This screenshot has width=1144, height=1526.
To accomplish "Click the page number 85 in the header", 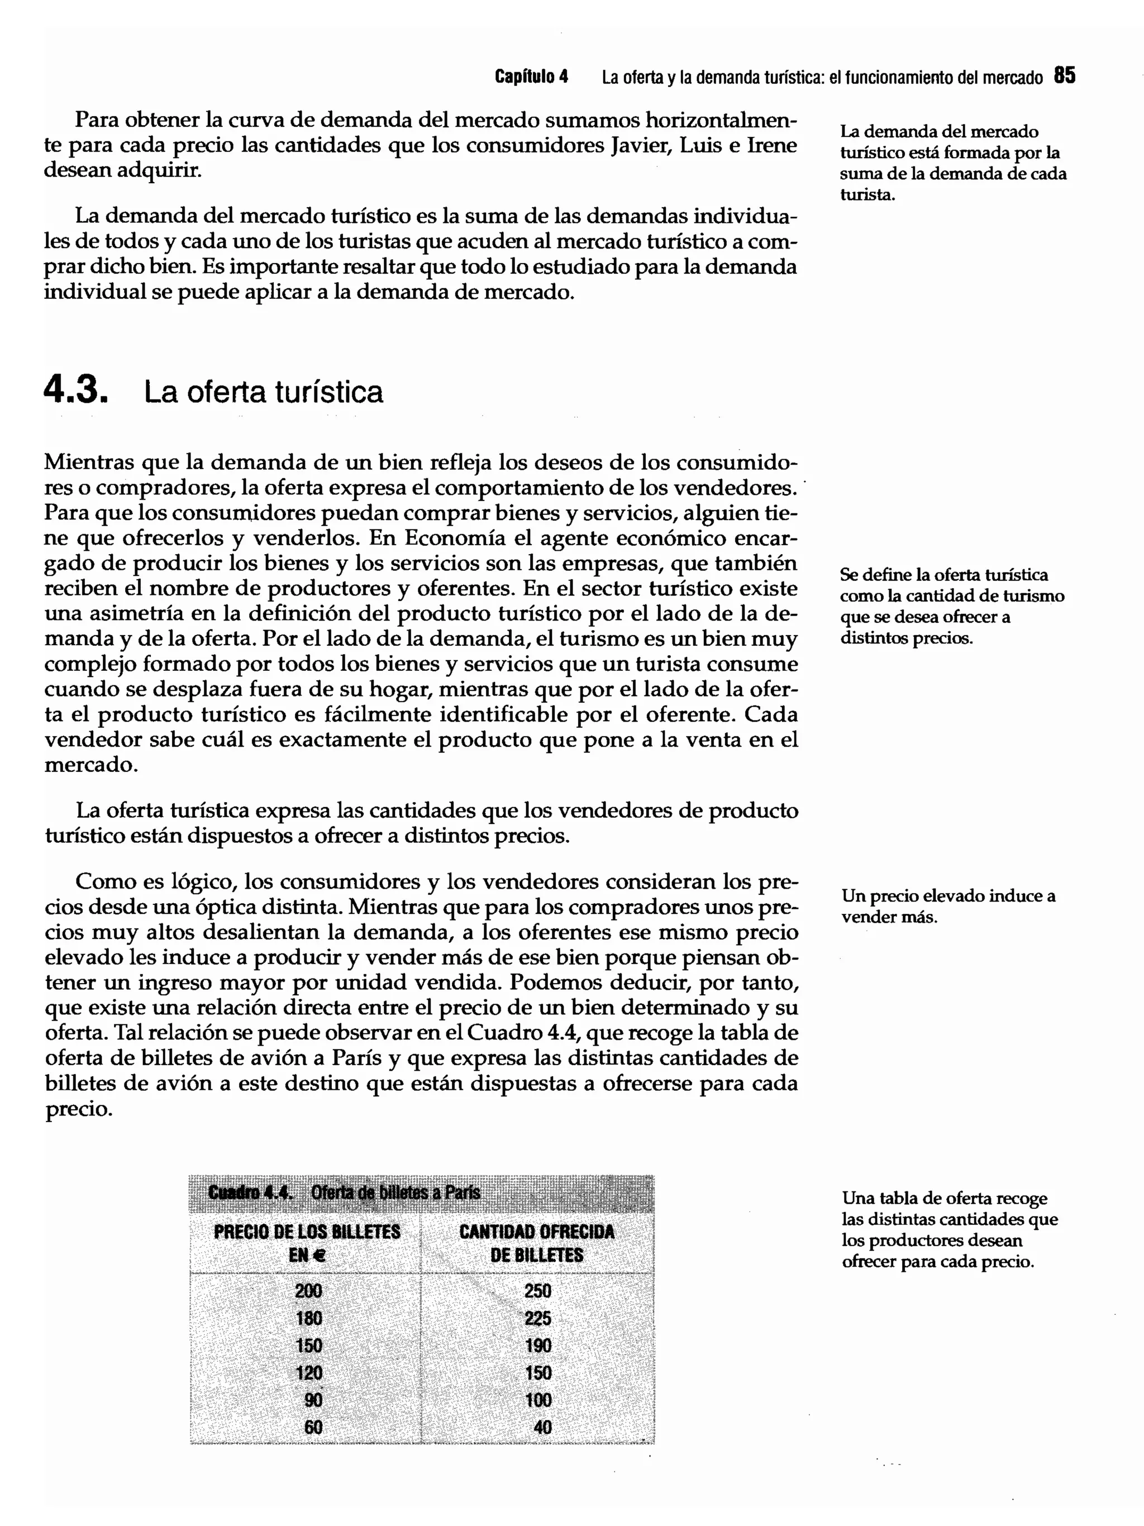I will pos(1064,75).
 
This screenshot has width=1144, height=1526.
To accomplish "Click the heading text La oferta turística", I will pos(263,392).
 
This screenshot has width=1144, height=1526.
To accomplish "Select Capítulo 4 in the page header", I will pos(531,77).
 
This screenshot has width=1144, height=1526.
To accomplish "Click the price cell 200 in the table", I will pos(308,1291).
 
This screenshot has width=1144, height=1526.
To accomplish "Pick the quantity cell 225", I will pos(537,1318).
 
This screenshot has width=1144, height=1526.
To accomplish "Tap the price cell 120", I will pos(308,1373).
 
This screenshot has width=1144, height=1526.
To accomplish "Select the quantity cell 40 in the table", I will pos(542,1427).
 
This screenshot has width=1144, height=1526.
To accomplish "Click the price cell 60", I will pos(313,1427).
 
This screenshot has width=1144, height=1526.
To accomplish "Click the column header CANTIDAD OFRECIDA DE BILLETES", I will pos(537,1243).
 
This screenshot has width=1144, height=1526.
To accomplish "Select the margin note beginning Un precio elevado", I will pos(947,907).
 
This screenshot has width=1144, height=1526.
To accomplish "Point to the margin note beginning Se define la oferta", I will pos(951,607).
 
